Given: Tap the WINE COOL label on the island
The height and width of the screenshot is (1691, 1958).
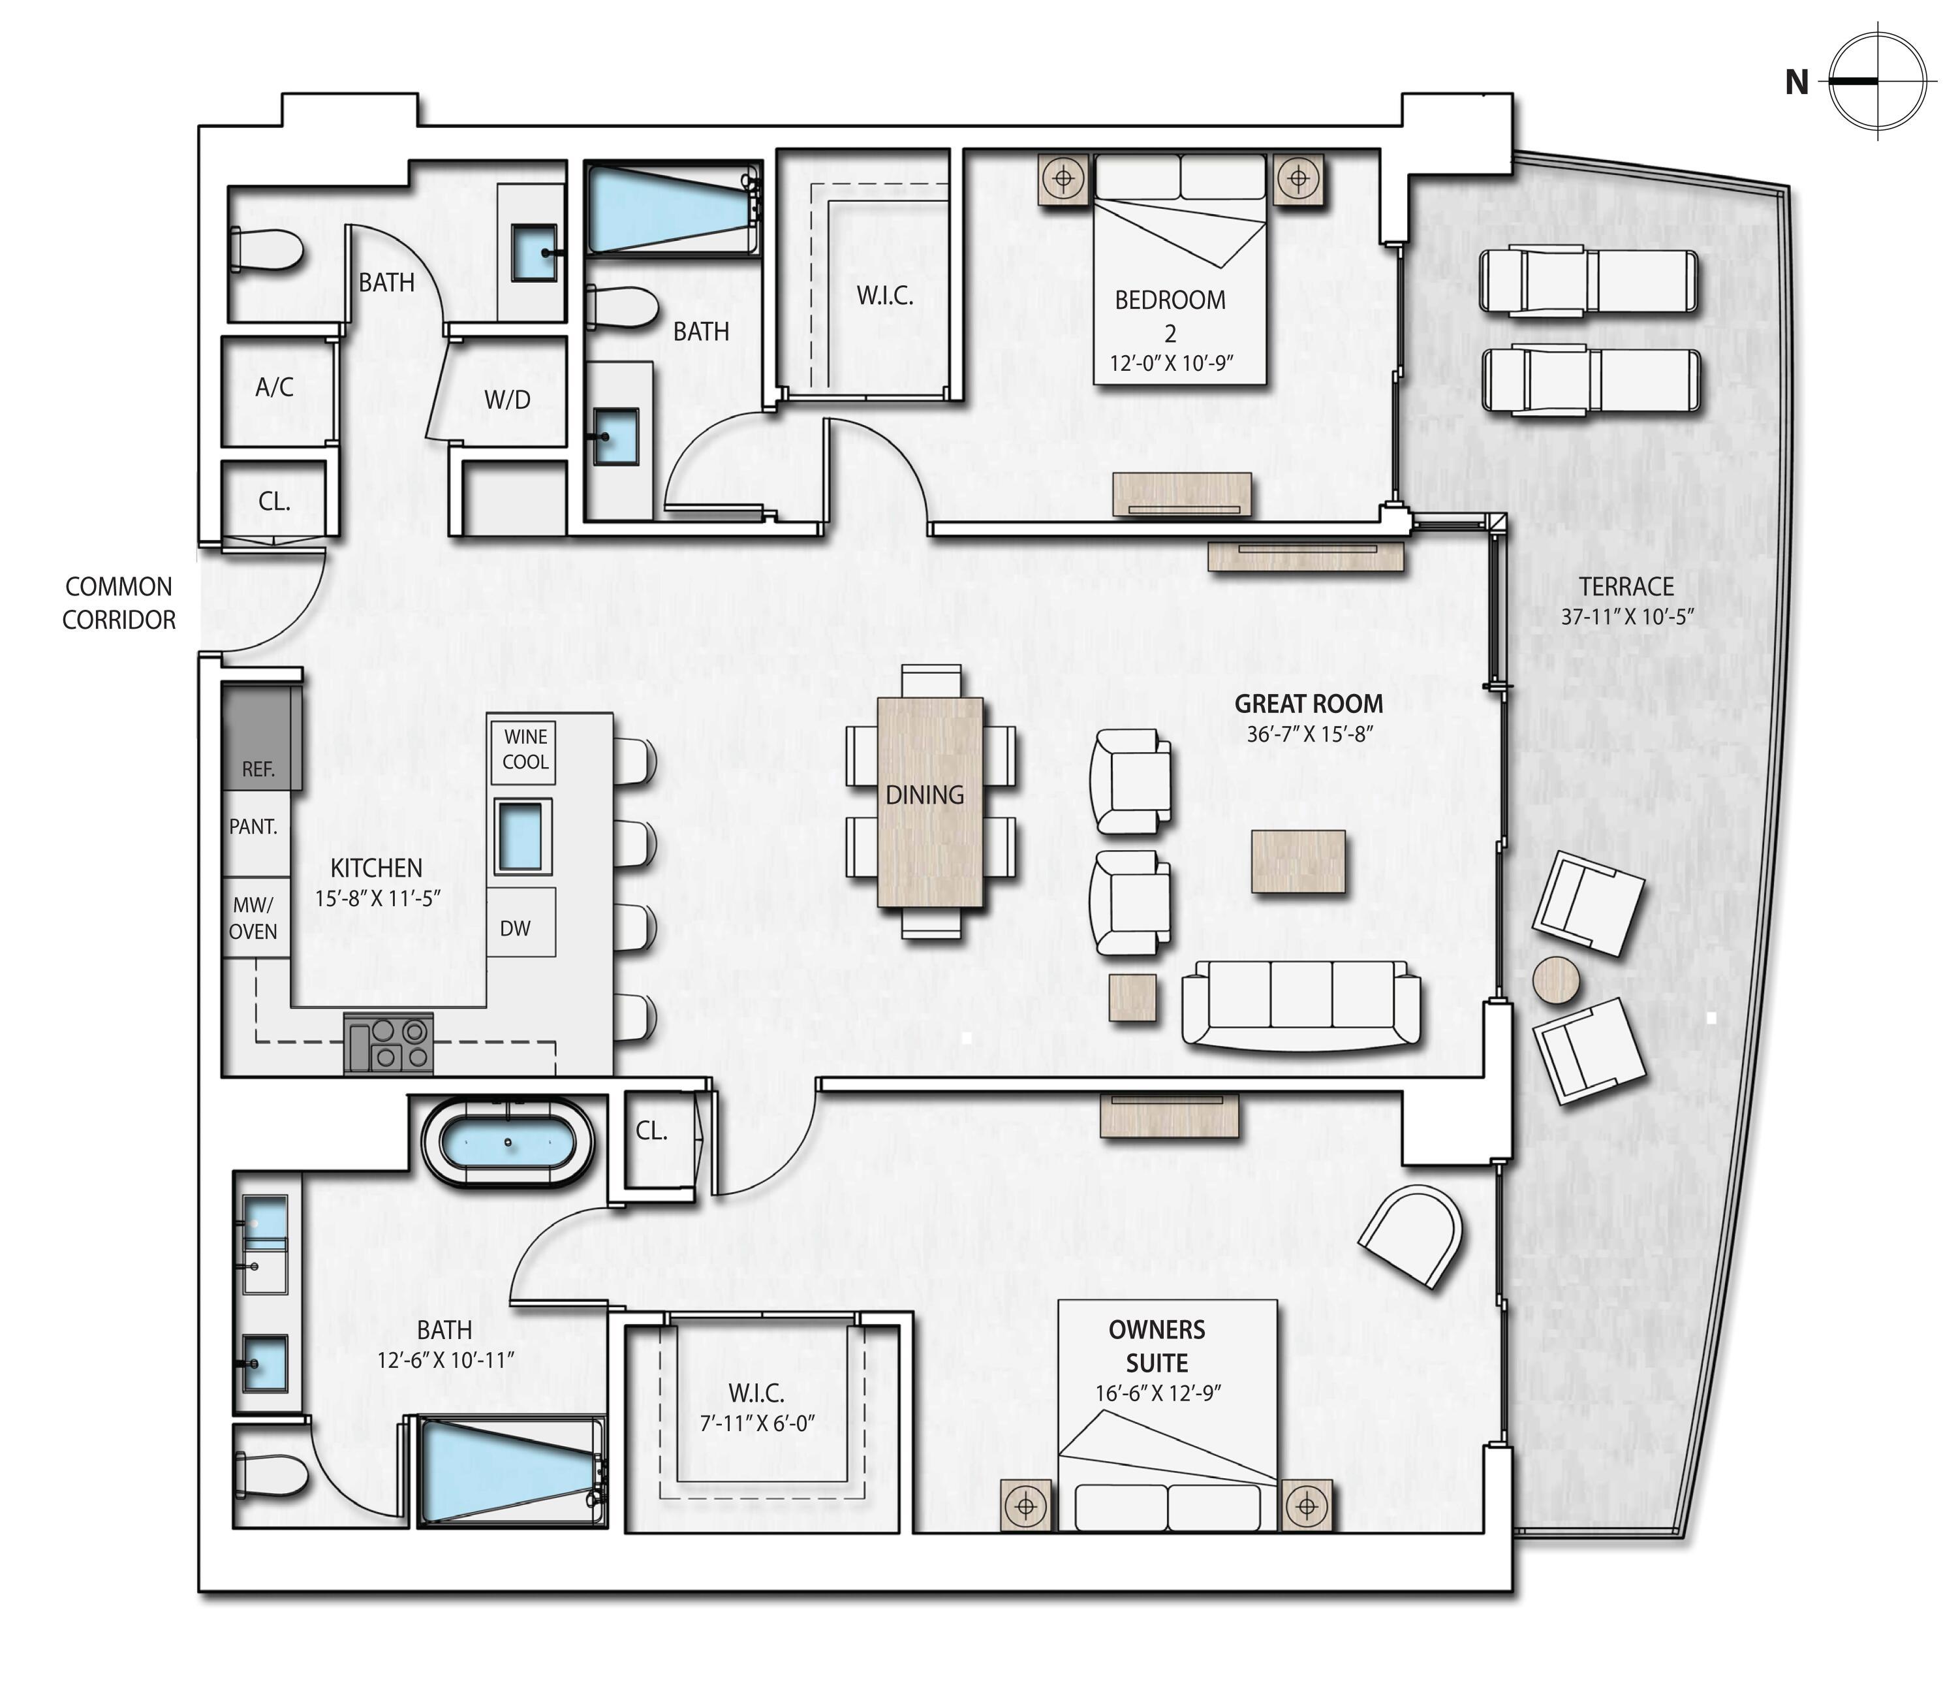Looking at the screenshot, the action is [525, 749].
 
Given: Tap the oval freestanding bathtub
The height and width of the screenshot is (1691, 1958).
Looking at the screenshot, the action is [508, 1143].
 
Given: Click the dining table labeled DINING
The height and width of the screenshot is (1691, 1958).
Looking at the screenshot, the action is [930, 802].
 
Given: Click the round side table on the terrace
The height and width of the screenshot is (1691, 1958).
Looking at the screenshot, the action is [1555, 980].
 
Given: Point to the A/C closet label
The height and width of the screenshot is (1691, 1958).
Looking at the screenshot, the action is [274, 387].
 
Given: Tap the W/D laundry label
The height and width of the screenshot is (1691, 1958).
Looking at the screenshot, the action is [508, 400].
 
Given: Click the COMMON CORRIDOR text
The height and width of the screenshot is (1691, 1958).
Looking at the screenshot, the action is [119, 603].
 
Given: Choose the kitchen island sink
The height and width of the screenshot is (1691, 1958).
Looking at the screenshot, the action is [523, 836].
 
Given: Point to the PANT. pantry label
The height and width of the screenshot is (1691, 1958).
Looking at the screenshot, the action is [253, 827].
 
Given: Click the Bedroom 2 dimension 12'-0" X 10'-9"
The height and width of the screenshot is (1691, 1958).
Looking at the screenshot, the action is [1172, 364].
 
